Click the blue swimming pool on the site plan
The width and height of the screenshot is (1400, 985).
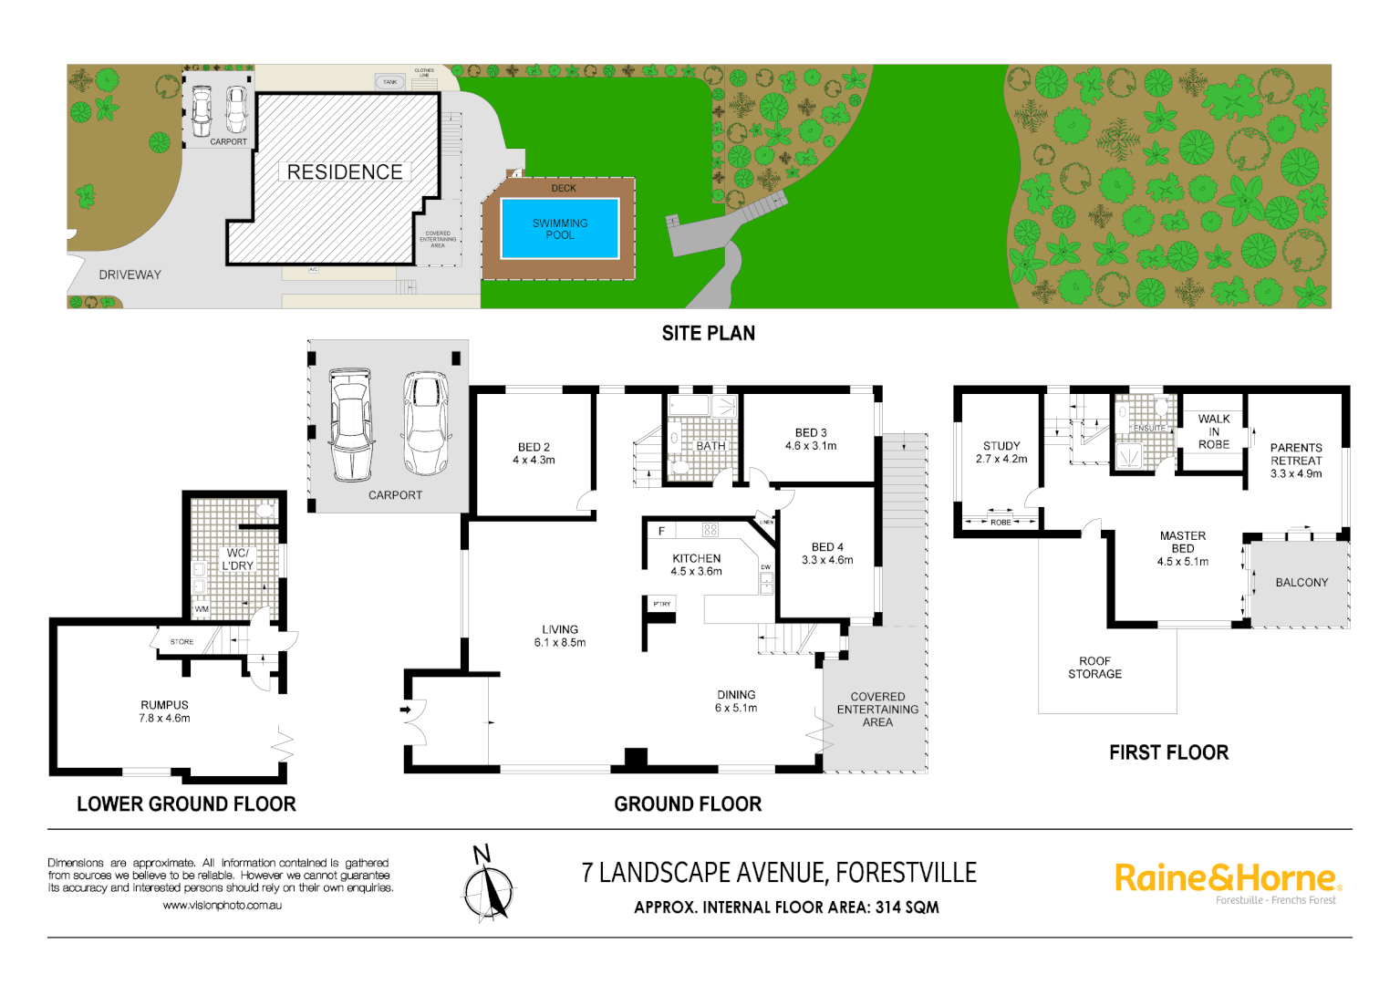click(560, 229)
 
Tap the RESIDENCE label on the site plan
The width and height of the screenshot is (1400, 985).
click(345, 172)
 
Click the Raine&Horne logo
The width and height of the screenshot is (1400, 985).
click(1227, 878)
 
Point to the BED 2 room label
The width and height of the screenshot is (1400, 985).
click(534, 453)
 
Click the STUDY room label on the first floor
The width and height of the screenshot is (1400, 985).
click(1001, 452)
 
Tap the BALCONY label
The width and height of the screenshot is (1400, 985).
click(1301, 582)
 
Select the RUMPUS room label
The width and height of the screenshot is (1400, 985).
click(164, 711)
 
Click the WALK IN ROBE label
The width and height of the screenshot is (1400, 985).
click(1214, 431)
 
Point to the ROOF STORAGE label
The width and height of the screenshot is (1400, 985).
click(1094, 668)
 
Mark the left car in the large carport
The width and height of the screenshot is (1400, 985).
click(351, 424)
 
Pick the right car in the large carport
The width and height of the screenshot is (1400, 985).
click(425, 422)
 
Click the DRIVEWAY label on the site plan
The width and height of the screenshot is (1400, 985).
click(130, 275)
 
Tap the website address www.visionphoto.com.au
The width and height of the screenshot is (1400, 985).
click(222, 906)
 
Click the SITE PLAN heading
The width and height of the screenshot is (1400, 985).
click(708, 334)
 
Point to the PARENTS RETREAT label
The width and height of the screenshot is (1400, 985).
click(1296, 461)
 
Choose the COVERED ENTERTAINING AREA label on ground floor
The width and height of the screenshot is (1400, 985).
click(877, 709)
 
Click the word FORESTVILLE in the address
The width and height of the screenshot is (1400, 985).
click(906, 874)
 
